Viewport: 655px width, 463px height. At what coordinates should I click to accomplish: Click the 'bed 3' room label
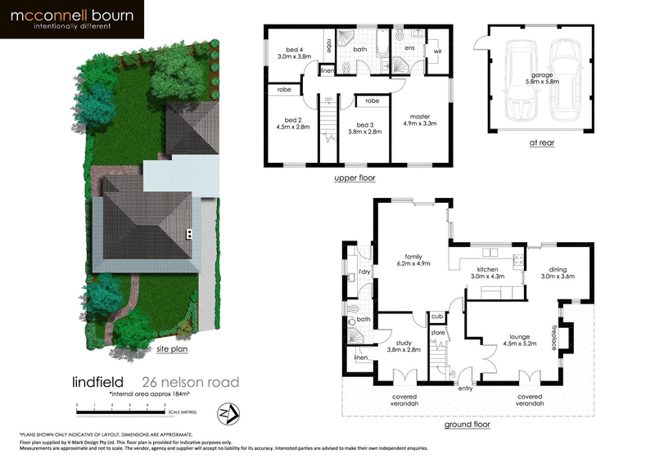click(x=365, y=124)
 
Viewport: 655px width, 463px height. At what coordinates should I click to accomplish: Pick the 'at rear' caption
click(x=542, y=142)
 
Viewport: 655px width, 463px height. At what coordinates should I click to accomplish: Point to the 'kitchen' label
click(x=489, y=270)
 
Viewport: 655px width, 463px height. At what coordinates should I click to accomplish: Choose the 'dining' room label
click(x=558, y=270)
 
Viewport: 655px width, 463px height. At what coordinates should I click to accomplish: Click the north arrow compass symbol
click(x=228, y=411)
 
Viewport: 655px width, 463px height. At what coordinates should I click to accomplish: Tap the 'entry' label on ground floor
click(x=466, y=389)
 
